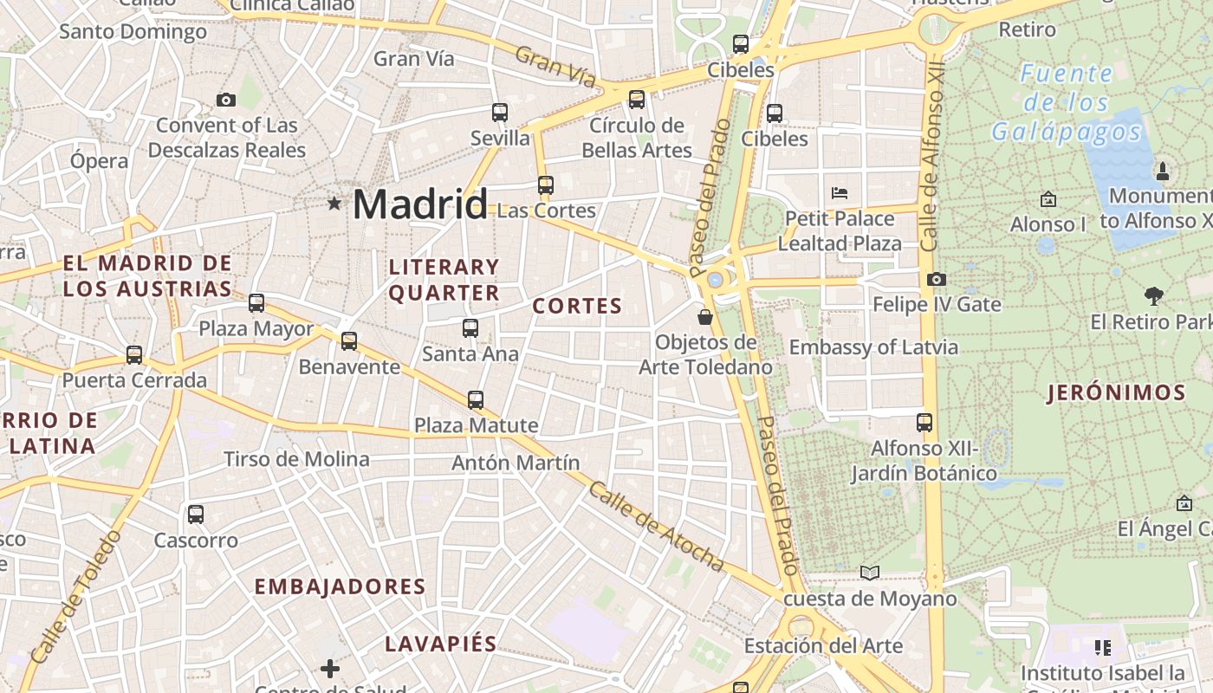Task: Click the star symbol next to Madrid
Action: (334, 204)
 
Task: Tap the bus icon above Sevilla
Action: (500, 112)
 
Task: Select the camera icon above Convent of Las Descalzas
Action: (226, 100)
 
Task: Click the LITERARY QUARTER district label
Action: (444, 280)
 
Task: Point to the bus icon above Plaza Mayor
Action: (256, 303)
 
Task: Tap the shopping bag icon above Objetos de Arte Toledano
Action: (705, 317)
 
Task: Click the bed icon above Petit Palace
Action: (839, 192)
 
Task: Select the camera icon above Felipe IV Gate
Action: (937, 279)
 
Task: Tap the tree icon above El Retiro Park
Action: (1153, 296)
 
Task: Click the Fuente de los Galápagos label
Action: (1067, 103)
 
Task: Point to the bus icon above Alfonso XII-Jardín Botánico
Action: (924, 423)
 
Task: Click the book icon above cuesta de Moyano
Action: (869, 573)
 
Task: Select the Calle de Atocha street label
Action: (656, 527)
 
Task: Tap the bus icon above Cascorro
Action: (196, 515)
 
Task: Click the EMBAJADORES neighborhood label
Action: (340, 586)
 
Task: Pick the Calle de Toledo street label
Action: (76, 598)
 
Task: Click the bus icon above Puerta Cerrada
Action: (134, 354)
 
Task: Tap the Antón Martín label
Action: (516, 463)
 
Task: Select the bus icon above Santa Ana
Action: (470, 328)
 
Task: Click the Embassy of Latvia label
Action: (873, 347)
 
